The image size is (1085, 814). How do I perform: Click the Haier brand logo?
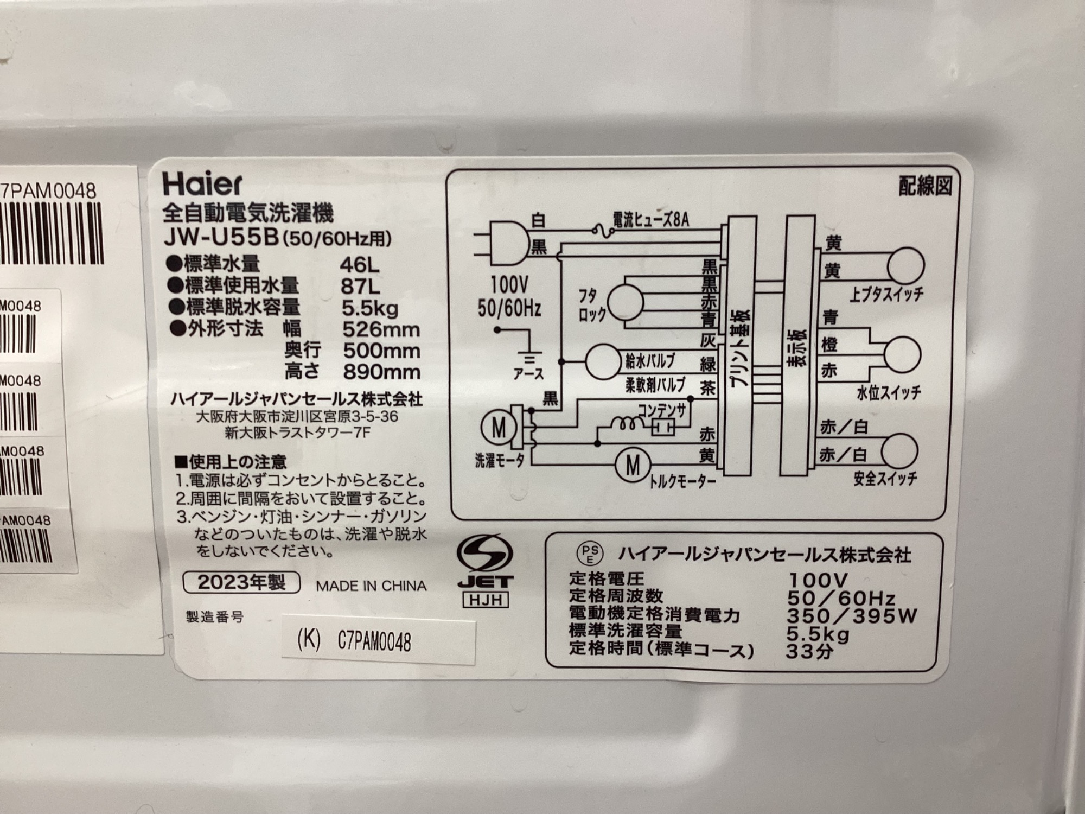pyautogui.click(x=202, y=184)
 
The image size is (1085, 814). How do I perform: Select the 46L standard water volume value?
pyautogui.click(x=360, y=265)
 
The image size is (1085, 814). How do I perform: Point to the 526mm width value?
pyautogui.click(x=381, y=329)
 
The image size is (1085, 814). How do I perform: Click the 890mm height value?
pyautogui.click(x=382, y=372)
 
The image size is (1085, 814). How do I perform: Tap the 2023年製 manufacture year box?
pyautogui.click(x=241, y=583)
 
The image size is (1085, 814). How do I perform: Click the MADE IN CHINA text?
pyautogui.click(x=371, y=586)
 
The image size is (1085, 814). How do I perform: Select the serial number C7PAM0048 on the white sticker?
pyautogui.click(x=374, y=642)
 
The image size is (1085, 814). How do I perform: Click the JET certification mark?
pyautogui.click(x=484, y=570)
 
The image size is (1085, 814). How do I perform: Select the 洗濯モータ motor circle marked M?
pyautogui.click(x=499, y=428)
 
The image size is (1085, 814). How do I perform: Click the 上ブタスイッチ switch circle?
pyautogui.click(x=905, y=266)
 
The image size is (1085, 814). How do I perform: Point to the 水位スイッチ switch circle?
pyautogui.click(x=902, y=354)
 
